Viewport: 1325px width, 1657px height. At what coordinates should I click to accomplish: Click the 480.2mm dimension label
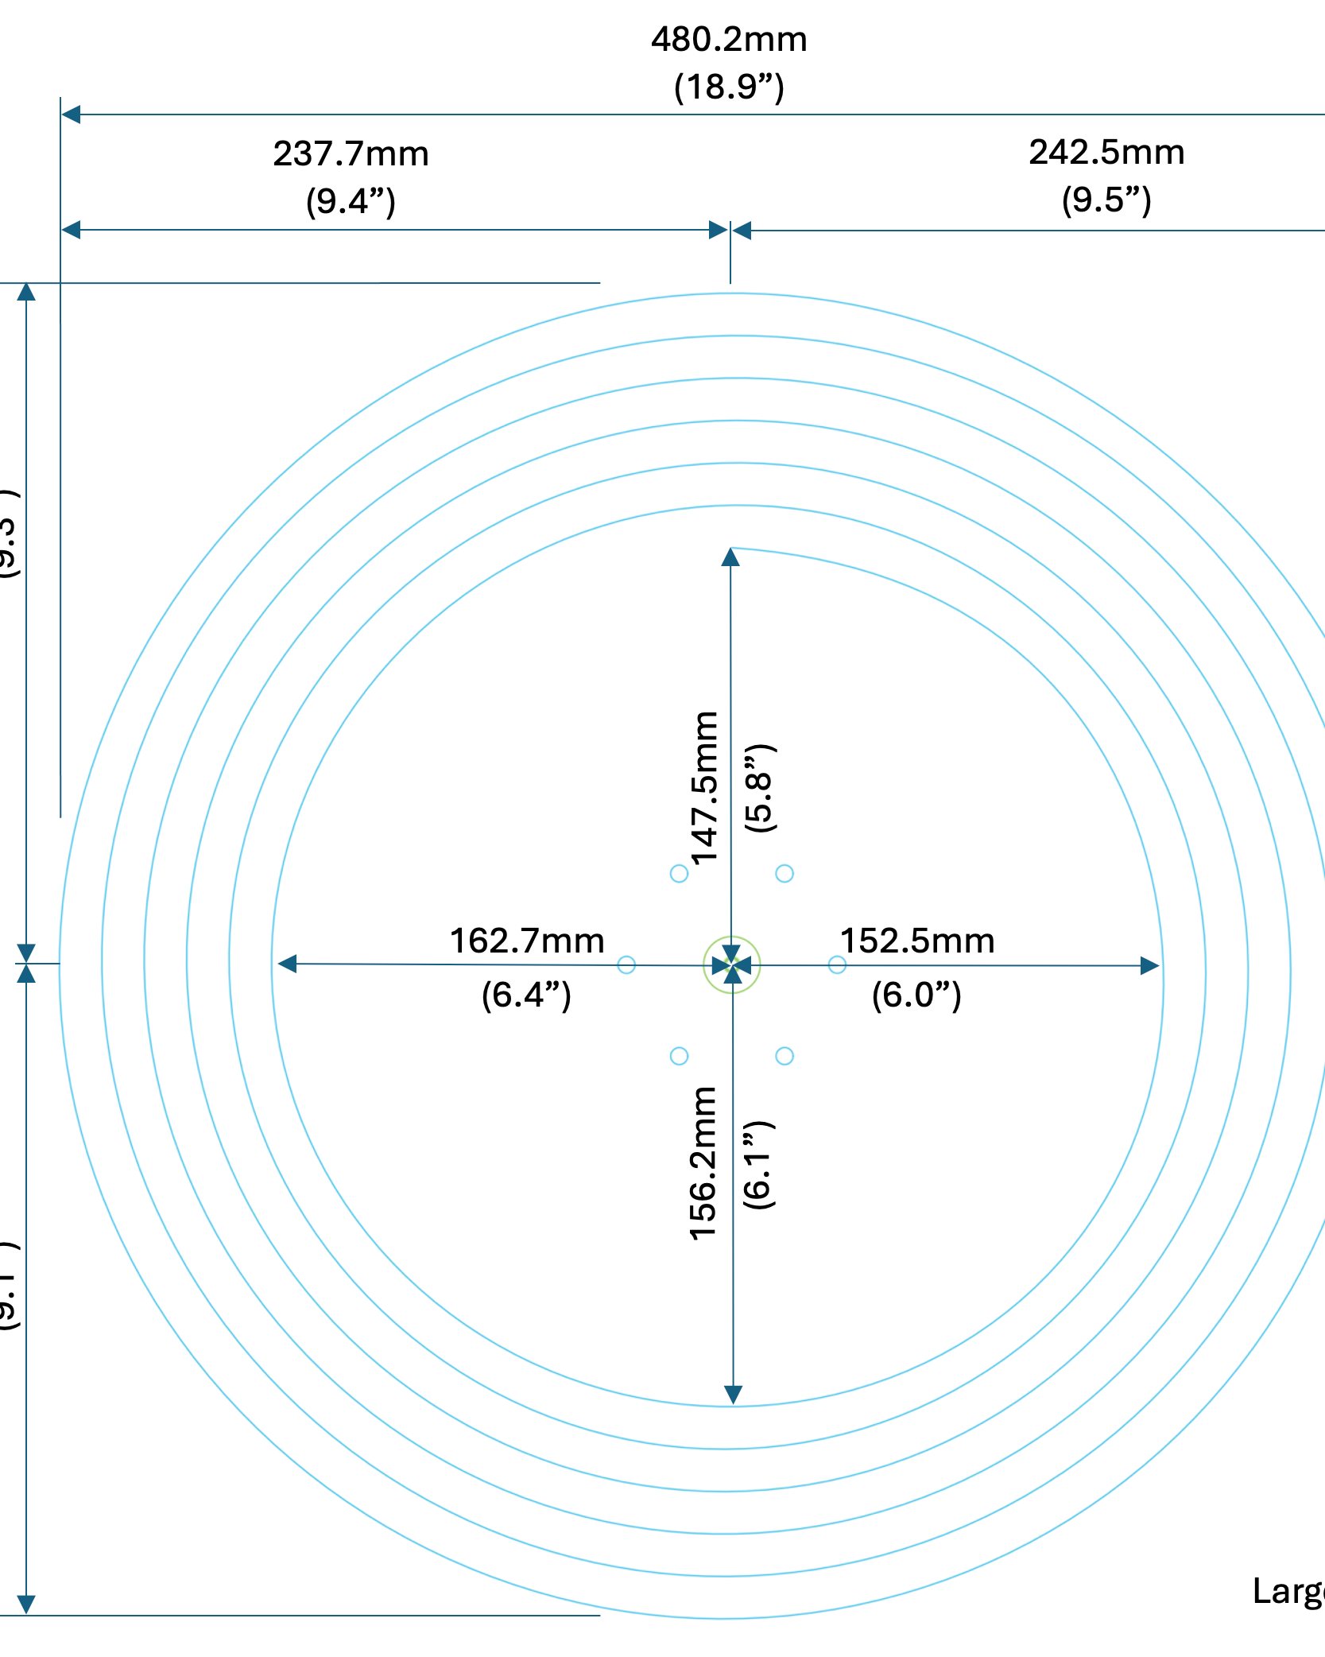tap(729, 40)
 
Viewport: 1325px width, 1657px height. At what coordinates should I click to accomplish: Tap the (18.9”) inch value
tap(729, 87)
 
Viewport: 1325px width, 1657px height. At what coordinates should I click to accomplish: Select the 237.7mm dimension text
tap(351, 154)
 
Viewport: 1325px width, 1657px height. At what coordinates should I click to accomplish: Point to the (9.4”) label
tap(351, 201)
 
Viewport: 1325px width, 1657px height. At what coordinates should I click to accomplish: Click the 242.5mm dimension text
tap(1106, 153)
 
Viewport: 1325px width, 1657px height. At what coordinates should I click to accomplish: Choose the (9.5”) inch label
tap(1106, 200)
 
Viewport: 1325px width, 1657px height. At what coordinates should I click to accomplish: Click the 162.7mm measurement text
tap(527, 941)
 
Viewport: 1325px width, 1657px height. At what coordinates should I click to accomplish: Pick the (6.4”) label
tap(526, 995)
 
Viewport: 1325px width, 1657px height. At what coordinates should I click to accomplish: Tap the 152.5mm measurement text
tap(917, 941)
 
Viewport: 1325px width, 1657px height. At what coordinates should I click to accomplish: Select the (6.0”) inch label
tap(916, 995)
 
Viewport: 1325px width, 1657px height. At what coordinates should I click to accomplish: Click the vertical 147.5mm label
tap(705, 788)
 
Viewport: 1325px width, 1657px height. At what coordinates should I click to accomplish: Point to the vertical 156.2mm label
tap(704, 1164)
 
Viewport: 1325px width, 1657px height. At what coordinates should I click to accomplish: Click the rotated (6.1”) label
tap(758, 1166)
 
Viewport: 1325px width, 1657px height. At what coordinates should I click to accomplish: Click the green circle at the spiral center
tap(732, 965)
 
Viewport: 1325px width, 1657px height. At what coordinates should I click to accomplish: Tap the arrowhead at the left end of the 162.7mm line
tap(287, 964)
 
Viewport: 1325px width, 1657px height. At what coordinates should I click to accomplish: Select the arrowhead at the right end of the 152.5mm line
tap(1150, 966)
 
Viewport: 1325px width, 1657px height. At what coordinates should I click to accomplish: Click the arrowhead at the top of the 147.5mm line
tap(730, 557)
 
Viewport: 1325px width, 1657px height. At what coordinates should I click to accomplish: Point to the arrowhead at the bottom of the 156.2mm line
tap(733, 1395)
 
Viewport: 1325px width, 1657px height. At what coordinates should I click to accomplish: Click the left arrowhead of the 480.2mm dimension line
tap(71, 114)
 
